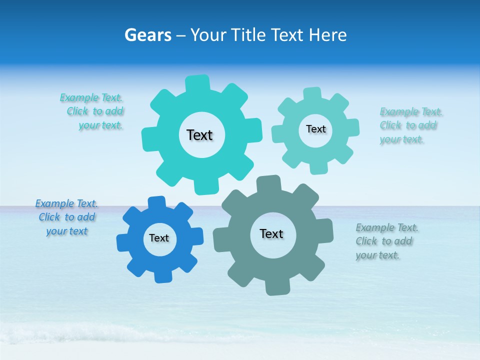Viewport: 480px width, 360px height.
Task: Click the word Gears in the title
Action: [147, 35]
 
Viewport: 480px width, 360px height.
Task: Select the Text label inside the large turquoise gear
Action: [199, 135]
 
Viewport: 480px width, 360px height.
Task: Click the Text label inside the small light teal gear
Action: [315, 129]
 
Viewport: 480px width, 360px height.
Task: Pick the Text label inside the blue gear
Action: [159, 238]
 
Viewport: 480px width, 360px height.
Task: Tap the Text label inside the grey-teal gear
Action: [271, 233]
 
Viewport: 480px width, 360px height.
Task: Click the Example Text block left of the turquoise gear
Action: [95, 111]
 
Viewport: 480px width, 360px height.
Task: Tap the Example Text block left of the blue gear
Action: [66, 217]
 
